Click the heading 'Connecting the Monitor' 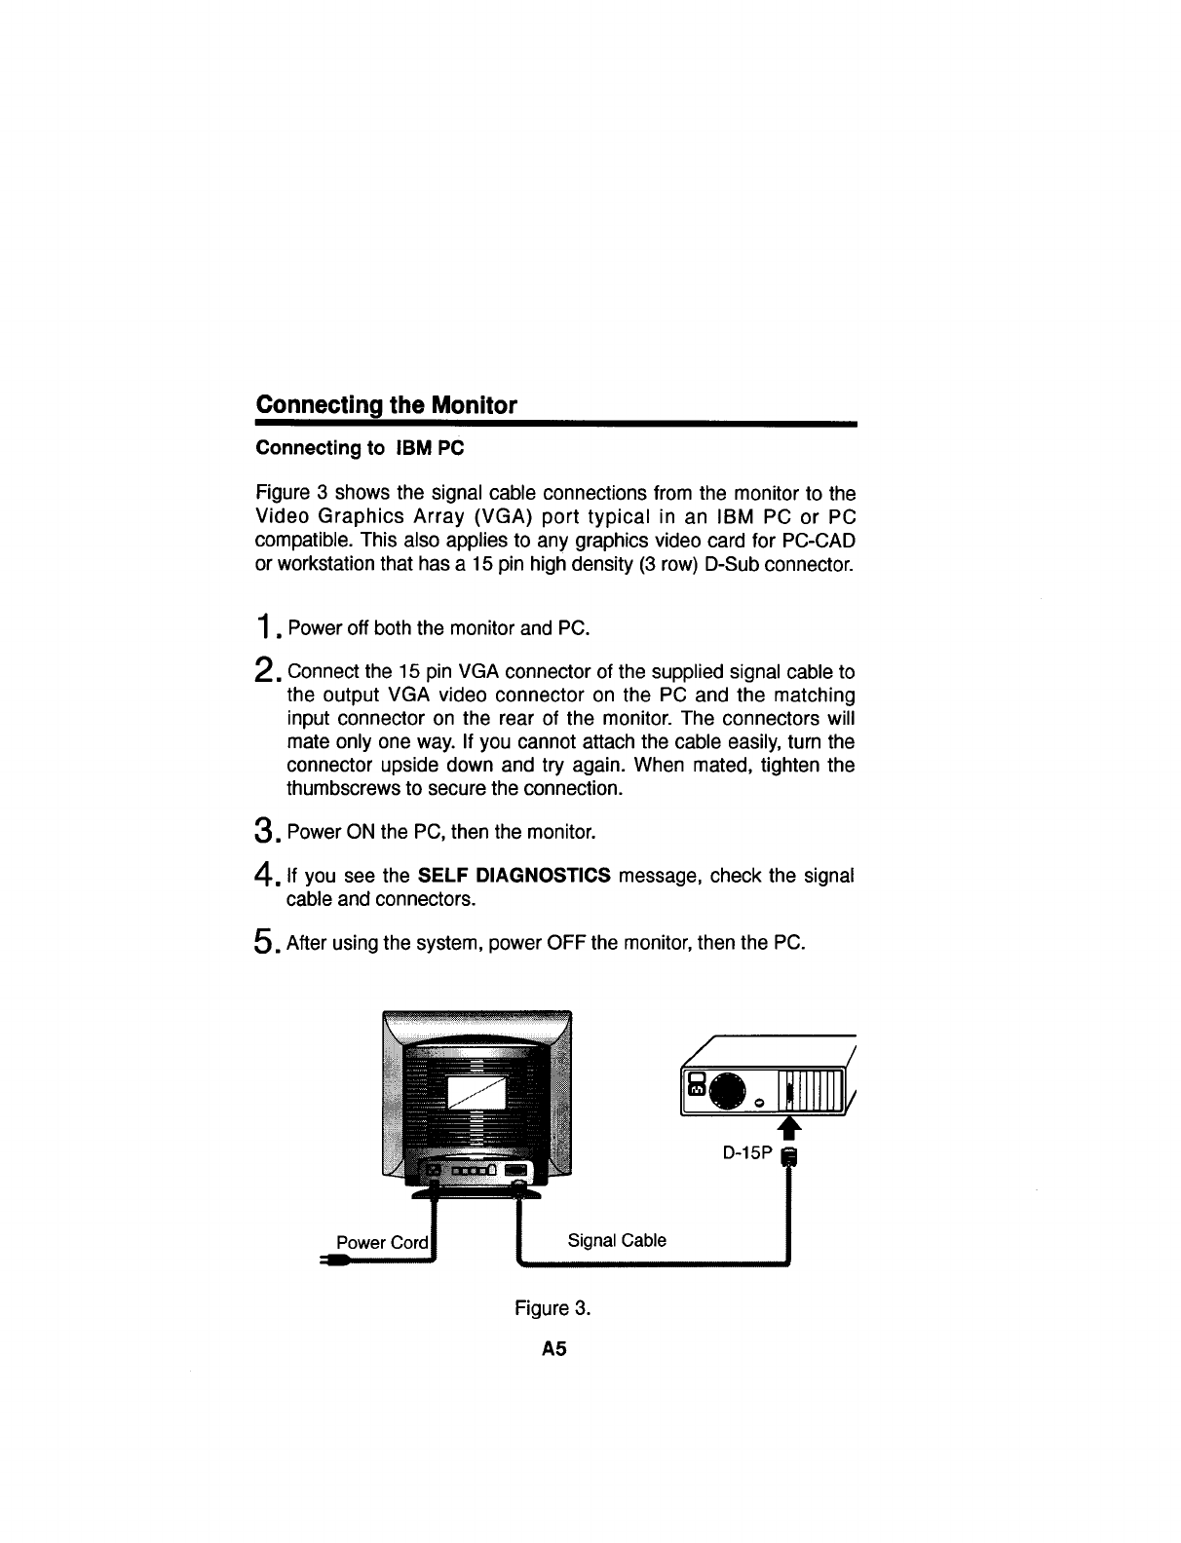click(385, 405)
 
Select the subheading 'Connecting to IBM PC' click(360, 448)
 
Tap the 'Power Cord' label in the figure click(381, 1242)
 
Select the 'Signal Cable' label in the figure click(617, 1240)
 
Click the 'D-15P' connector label click(746, 1153)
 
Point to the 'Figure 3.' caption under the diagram click(552, 1307)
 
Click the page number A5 click(554, 1350)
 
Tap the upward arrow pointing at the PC click(790, 1126)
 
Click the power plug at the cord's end click(334, 1262)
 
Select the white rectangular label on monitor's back click(476, 1093)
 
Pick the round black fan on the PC click(730, 1090)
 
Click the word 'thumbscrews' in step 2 click(337, 787)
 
